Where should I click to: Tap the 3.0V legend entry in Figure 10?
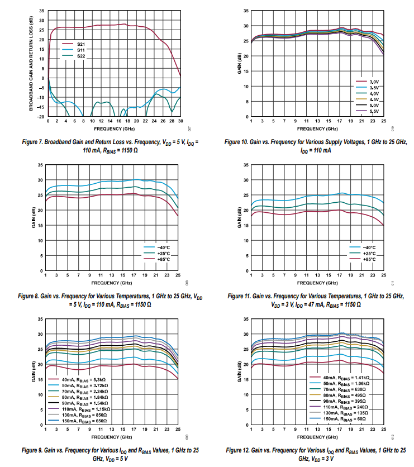pyautogui.click(x=373, y=83)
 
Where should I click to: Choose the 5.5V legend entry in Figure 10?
pyautogui.click(x=373, y=111)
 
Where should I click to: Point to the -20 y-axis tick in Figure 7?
pyautogui.click(x=41, y=116)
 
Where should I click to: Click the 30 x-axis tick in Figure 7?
pyautogui.click(x=180, y=121)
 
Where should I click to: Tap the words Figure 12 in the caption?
pyautogui.click(x=241, y=450)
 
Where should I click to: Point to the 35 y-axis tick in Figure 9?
pyautogui.click(x=40, y=319)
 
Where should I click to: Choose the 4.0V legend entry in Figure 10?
pyautogui.click(x=373, y=94)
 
